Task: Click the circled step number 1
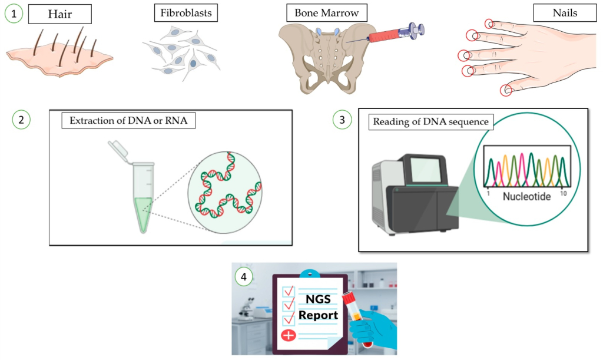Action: tap(14, 14)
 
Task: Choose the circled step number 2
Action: tap(21, 120)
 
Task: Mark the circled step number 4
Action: tap(243, 275)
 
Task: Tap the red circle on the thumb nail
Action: tap(506, 91)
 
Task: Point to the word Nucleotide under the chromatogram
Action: tap(526, 196)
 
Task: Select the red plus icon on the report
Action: tap(289, 336)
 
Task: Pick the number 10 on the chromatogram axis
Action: tap(564, 193)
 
